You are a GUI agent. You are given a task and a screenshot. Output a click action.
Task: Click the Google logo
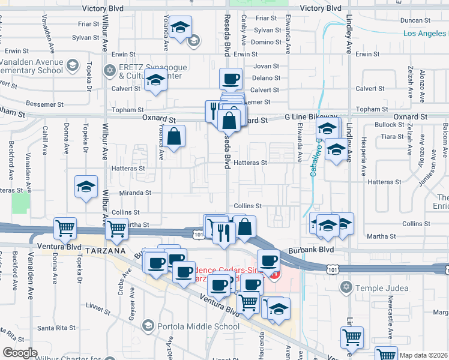tap(20, 353)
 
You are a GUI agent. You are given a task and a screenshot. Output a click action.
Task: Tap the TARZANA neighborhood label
tap(106, 250)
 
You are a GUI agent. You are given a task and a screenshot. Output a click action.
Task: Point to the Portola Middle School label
tap(199, 326)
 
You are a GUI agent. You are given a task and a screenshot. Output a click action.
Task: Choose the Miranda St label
tap(135, 193)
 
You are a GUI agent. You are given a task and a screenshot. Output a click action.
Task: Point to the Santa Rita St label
tap(56, 328)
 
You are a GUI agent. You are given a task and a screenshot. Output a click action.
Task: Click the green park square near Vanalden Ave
tap(20, 203)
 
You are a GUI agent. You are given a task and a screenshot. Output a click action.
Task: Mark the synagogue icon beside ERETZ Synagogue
tap(109, 71)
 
